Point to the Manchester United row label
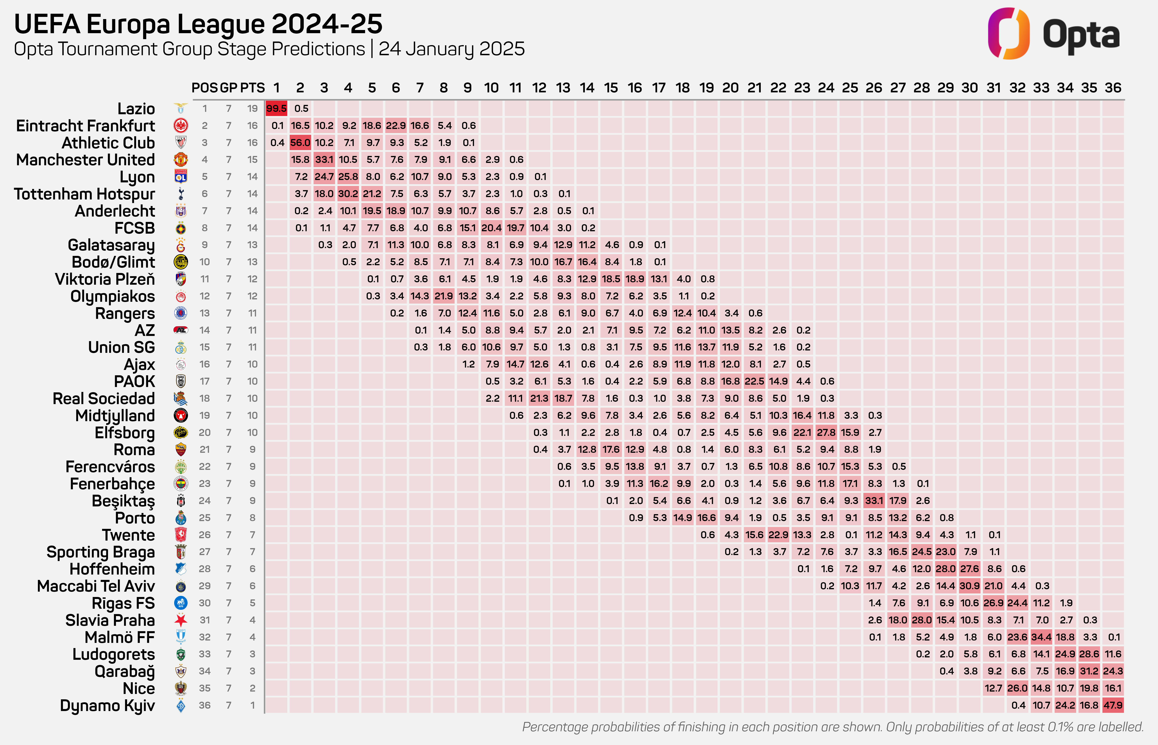coord(86,160)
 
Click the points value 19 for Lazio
coord(252,108)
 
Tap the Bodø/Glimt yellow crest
coord(181,262)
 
